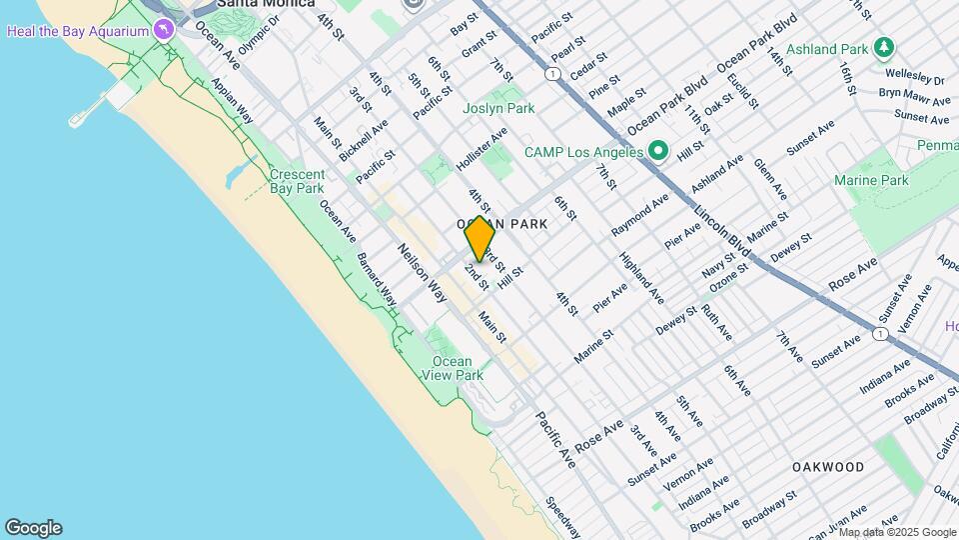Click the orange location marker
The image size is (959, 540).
(x=479, y=239)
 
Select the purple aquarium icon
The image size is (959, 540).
(x=163, y=29)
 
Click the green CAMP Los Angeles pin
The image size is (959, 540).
(x=657, y=153)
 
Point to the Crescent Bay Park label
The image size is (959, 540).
(x=297, y=181)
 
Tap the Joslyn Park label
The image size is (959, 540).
(x=498, y=108)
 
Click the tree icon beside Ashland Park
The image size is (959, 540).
(x=883, y=48)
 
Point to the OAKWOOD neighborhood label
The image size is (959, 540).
(x=828, y=467)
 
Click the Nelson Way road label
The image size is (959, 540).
(x=423, y=273)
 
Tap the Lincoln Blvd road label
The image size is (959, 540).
(x=723, y=230)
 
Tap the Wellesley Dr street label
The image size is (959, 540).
(x=911, y=79)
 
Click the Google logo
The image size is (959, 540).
(x=33, y=528)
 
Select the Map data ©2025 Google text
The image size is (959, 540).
(x=897, y=532)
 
